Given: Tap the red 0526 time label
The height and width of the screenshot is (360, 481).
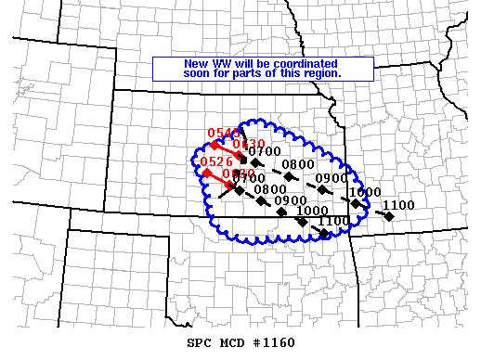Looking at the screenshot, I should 215,161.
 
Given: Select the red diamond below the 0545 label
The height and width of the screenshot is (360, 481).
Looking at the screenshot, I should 215,145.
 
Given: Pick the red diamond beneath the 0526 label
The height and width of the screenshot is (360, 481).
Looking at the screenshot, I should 206,173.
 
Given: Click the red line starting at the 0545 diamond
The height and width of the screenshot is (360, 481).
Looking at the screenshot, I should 228,151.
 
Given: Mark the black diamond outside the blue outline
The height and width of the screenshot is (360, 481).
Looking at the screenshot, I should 389,216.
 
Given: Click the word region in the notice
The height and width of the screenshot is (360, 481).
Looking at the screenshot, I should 321,72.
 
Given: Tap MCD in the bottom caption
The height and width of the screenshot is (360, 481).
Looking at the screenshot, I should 231,342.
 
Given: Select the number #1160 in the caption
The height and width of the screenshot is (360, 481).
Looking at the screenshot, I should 273,342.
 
